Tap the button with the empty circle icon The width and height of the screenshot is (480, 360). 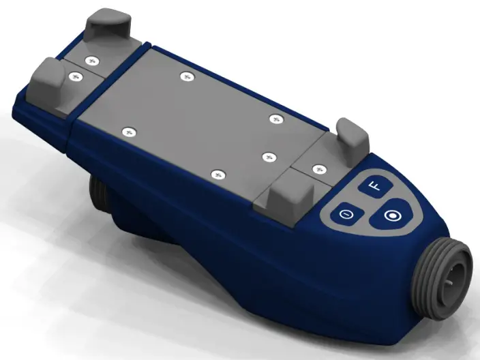click(346, 214)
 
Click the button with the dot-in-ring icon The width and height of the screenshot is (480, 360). click(391, 216)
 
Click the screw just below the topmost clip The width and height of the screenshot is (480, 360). click(91, 59)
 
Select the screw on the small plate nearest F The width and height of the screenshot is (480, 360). click(317, 168)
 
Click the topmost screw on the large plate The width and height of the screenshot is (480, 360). click(185, 76)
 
